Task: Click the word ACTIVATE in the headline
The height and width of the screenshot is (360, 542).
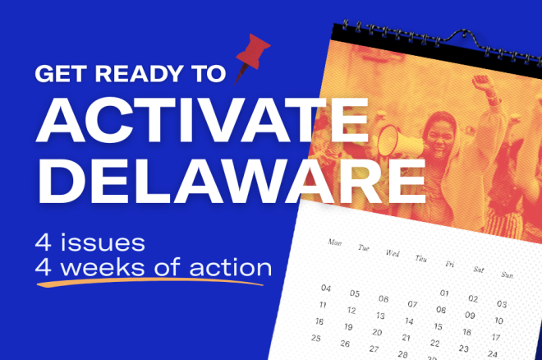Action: click(x=202, y=120)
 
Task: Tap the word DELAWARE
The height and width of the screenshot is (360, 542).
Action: click(x=232, y=181)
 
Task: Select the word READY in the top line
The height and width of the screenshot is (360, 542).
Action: click(x=139, y=73)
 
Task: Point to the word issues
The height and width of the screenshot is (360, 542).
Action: click(x=103, y=242)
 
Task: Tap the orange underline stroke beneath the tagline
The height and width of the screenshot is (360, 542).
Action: click(x=150, y=283)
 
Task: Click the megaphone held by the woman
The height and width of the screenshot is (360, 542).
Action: click(x=397, y=141)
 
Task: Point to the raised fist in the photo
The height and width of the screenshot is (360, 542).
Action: click(x=481, y=82)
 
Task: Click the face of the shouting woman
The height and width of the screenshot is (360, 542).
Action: click(x=439, y=136)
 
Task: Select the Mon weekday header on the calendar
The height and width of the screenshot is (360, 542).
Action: click(x=334, y=242)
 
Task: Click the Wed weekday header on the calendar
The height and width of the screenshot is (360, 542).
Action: click(x=393, y=253)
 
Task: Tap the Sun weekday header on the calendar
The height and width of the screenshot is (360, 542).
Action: click(x=507, y=275)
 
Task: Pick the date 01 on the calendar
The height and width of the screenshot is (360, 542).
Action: click(x=444, y=293)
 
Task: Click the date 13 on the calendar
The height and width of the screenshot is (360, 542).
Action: click(x=380, y=316)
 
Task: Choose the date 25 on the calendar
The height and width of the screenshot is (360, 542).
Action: click(x=316, y=338)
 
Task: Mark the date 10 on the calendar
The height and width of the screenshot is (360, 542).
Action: click(x=498, y=321)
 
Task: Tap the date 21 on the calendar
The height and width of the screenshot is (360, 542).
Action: click(x=406, y=338)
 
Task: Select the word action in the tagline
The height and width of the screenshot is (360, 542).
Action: click(x=231, y=267)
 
